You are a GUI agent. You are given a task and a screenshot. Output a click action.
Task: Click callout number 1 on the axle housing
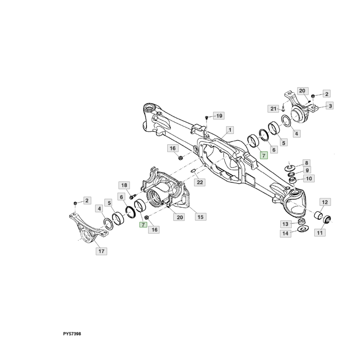click(x=230, y=130)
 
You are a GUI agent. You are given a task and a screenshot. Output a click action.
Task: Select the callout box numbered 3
click(x=330, y=105)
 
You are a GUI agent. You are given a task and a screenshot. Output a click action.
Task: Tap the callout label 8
click(x=306, y=162)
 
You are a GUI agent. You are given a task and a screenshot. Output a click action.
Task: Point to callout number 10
click(x=309, y=178)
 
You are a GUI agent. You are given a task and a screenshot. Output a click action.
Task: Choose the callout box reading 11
click(x=320, y=233)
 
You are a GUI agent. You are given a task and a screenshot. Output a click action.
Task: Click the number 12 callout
click(x=325, y=202)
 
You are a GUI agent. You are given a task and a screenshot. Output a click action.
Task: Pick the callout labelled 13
click(x=285, y=224)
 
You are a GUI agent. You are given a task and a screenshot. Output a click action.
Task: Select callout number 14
click(x=285, y=234)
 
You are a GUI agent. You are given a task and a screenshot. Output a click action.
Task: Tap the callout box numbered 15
click(x=200, y=217)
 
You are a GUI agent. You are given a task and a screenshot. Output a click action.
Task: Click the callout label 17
click(x=101, y=251)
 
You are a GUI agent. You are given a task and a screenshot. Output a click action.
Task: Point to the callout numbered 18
click(x=124, y=185)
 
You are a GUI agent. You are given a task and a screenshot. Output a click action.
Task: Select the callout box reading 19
click(x=219, y=116)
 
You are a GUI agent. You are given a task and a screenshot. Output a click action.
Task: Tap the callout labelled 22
click(x=200, y=182)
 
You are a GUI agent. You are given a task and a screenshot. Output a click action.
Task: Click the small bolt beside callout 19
click(x=207, y=118)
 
